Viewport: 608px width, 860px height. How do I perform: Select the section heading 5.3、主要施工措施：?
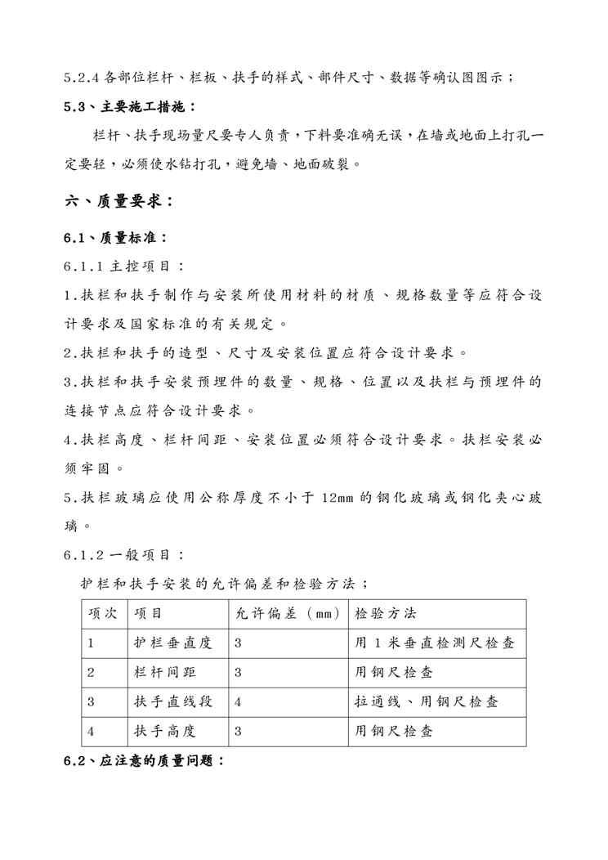tap(130, 106)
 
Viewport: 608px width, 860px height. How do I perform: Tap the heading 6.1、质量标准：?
tap(116, 238)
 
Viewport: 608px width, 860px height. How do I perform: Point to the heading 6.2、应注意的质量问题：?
tap(144, 760)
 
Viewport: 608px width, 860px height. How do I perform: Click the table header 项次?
tap(104, 613)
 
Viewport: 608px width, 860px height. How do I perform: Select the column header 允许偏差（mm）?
tap(287, 613)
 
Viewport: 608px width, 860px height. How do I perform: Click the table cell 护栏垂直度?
tap(172, 643)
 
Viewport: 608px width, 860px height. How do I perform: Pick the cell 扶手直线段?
tap(172, 701)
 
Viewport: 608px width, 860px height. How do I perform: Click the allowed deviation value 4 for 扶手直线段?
tap(238, 701)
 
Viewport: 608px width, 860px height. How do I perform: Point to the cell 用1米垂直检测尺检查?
tap(434, 643)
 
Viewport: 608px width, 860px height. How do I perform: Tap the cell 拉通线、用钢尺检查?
tap(426, 701)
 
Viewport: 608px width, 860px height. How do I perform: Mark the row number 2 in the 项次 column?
tap(91, 672)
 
